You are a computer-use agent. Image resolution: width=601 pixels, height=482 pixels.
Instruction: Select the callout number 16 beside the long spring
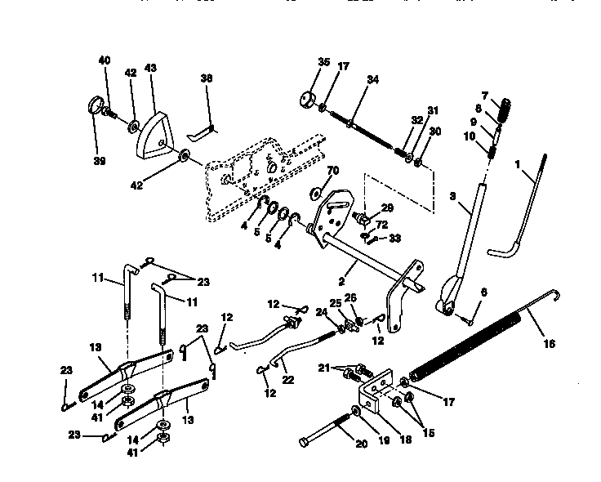(549, 344)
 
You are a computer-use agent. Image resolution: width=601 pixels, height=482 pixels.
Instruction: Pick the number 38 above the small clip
(206, 79)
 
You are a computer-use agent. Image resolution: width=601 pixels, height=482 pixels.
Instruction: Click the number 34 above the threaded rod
(372, 79)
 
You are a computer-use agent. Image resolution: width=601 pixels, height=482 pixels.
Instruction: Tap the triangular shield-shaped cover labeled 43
(154, 127)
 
